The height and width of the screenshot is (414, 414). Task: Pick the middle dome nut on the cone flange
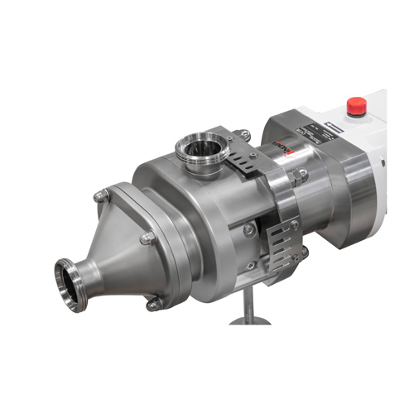(x=147, y=239)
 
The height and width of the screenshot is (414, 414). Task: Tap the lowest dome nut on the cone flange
(x=154, y=305)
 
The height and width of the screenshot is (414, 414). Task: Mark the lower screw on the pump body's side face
(x=251, y=266)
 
